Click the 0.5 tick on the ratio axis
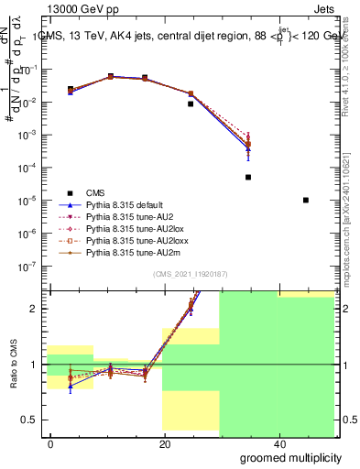[x=33, y=420]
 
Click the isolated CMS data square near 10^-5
[x=305, y=200]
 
